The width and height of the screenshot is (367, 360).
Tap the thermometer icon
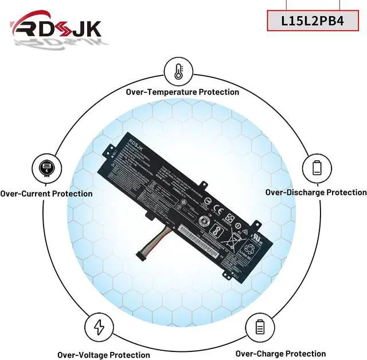click(x=178, y=71)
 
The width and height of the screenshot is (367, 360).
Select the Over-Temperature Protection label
click(x=182, y=92)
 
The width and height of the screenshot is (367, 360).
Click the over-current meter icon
click(x=45, y=168)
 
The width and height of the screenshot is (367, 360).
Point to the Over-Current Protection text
click(x=46, y=193)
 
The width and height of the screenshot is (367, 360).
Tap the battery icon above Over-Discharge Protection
click(x=317, y=168)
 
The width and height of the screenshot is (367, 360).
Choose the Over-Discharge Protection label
click(x=315, y=192)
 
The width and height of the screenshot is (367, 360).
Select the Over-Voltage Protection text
click(x=103, y=355)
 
